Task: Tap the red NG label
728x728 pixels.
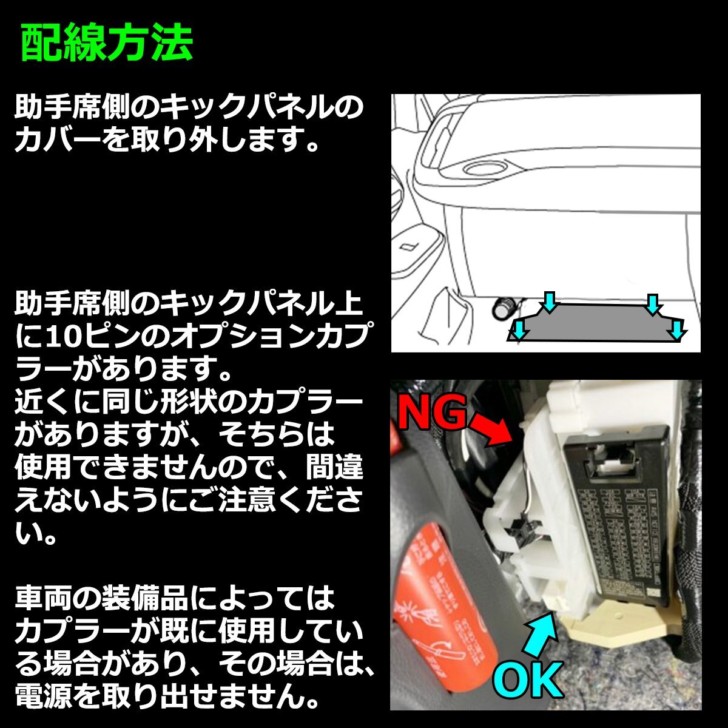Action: (x=432, y=414)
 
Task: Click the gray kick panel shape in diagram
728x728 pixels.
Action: (x=598, y=323)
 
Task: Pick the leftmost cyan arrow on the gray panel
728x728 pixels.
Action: (x=519, y=329)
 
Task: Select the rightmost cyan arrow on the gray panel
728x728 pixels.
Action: (x=678, y=329)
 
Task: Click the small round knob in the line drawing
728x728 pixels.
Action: (x=503, y=309)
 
